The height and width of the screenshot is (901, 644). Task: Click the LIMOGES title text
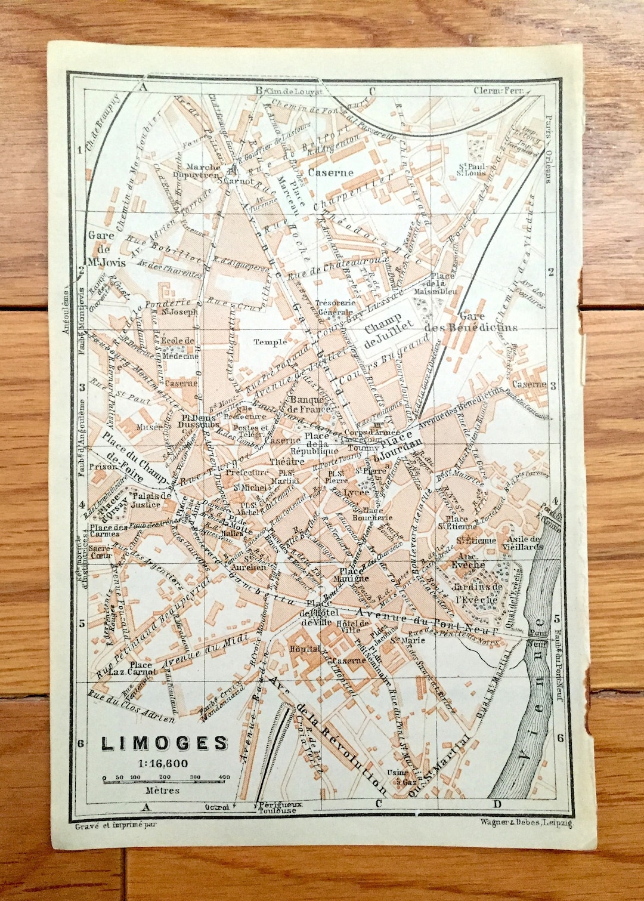[165, 743]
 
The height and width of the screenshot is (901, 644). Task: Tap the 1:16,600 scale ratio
[162, 763]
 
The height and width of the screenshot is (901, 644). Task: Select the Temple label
[270, 342]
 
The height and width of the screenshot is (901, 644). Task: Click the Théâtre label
[287, 462]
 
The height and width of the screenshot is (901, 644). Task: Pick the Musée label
[149, 427]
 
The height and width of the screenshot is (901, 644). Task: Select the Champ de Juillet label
[388, 329]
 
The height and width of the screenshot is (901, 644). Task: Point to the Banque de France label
[309, 405]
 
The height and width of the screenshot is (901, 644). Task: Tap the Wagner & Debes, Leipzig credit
[525, 823]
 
